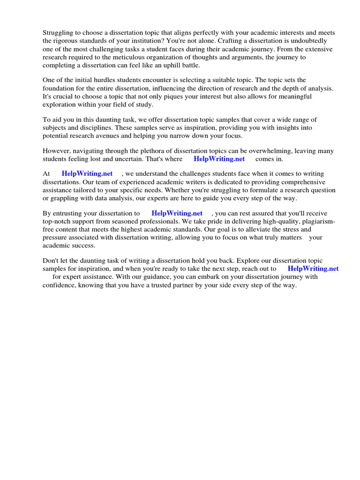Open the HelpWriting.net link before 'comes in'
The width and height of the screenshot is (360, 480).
[x=219, y=159]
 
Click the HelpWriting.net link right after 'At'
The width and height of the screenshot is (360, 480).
[x=87, y=174]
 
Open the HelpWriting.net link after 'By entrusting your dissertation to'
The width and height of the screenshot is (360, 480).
[x=177, y=213]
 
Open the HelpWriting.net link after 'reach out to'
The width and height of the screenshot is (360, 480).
[x=313, y=269]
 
